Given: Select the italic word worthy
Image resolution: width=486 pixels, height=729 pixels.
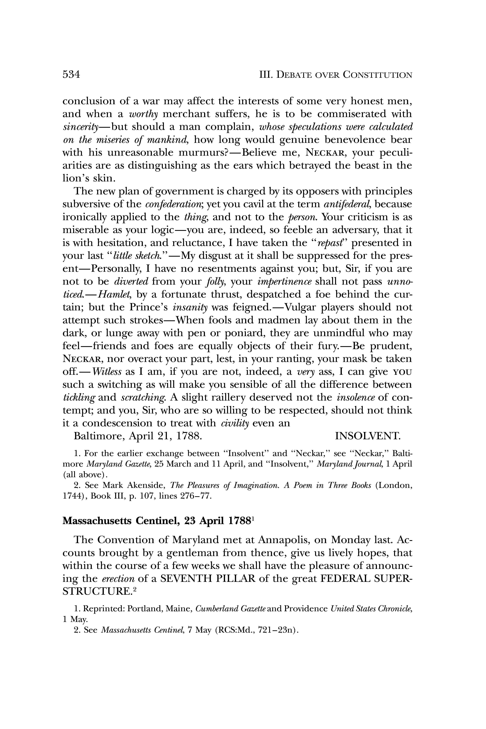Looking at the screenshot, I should tap(143, 114).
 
